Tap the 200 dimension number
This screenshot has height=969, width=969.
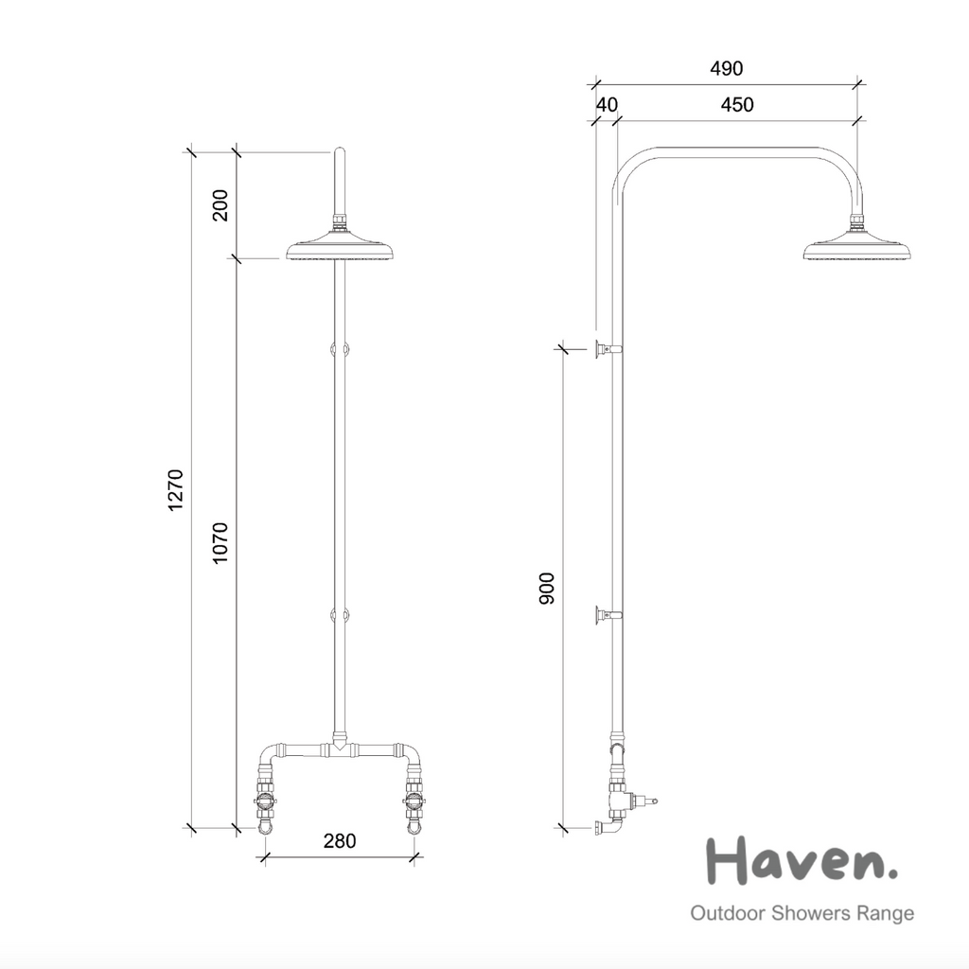(220, 205)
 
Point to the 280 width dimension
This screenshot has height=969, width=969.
(340, 840)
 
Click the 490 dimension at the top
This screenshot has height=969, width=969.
(726, 68)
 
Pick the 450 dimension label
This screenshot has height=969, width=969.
(737, 104)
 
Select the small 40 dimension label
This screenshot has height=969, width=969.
(606, 104)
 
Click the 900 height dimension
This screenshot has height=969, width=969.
(548, 589)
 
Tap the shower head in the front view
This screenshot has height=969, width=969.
(340, 250)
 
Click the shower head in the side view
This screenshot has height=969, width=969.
(857, 249)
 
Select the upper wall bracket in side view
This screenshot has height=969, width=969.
(608, 349)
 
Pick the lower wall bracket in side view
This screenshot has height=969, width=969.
(608, 617)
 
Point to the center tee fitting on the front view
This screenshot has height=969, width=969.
(340, 749)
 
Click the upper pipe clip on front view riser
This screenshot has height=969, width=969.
(340, 349)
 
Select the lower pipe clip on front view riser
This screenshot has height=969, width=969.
(340, 616)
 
